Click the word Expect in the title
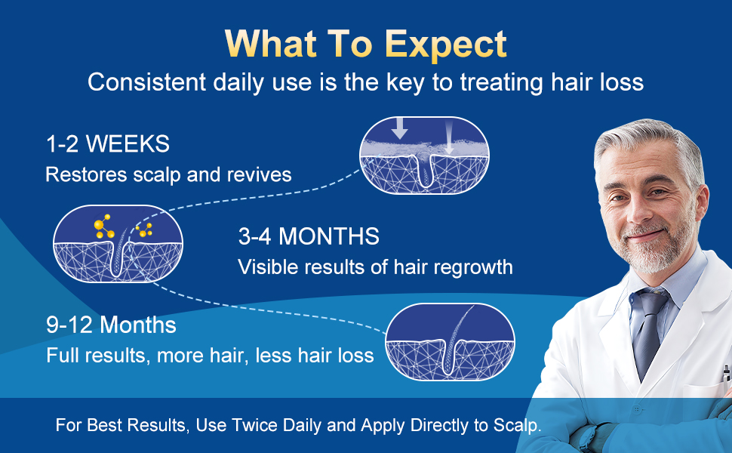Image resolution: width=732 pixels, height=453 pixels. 446,45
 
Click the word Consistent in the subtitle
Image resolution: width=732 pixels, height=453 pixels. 147,82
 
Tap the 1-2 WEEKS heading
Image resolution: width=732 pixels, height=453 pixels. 108,144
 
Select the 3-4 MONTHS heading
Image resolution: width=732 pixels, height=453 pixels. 309,236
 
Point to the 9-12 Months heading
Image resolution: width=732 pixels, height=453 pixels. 111,325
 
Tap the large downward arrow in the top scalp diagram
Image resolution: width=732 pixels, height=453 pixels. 400,128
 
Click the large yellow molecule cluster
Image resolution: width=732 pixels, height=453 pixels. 104,226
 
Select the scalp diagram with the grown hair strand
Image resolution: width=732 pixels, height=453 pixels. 450,341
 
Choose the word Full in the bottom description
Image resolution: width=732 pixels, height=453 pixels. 63,356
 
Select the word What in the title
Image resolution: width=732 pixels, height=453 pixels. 271,45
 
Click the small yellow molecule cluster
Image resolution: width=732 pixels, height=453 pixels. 144,230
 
